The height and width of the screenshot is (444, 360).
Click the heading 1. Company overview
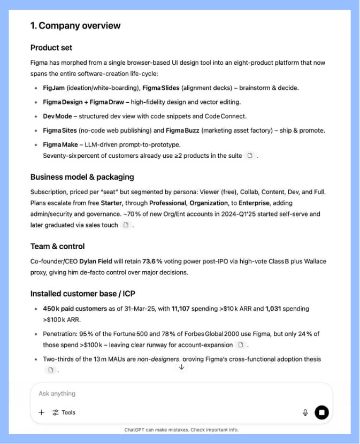pos(75,26)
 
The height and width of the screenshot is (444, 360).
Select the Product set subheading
pos(51,48)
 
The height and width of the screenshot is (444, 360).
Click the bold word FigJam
pos(54,88)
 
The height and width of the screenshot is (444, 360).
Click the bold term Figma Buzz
pos(186,130)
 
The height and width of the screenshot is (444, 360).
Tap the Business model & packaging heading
pos(82,177)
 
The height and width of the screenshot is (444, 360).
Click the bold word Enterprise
pos(255,203)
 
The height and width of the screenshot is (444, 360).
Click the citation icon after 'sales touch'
pos(126,225)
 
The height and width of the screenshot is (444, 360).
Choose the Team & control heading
pos(57,247)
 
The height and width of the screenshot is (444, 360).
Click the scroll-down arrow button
pos(181,366)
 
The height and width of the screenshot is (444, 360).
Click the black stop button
pos(321,412)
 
